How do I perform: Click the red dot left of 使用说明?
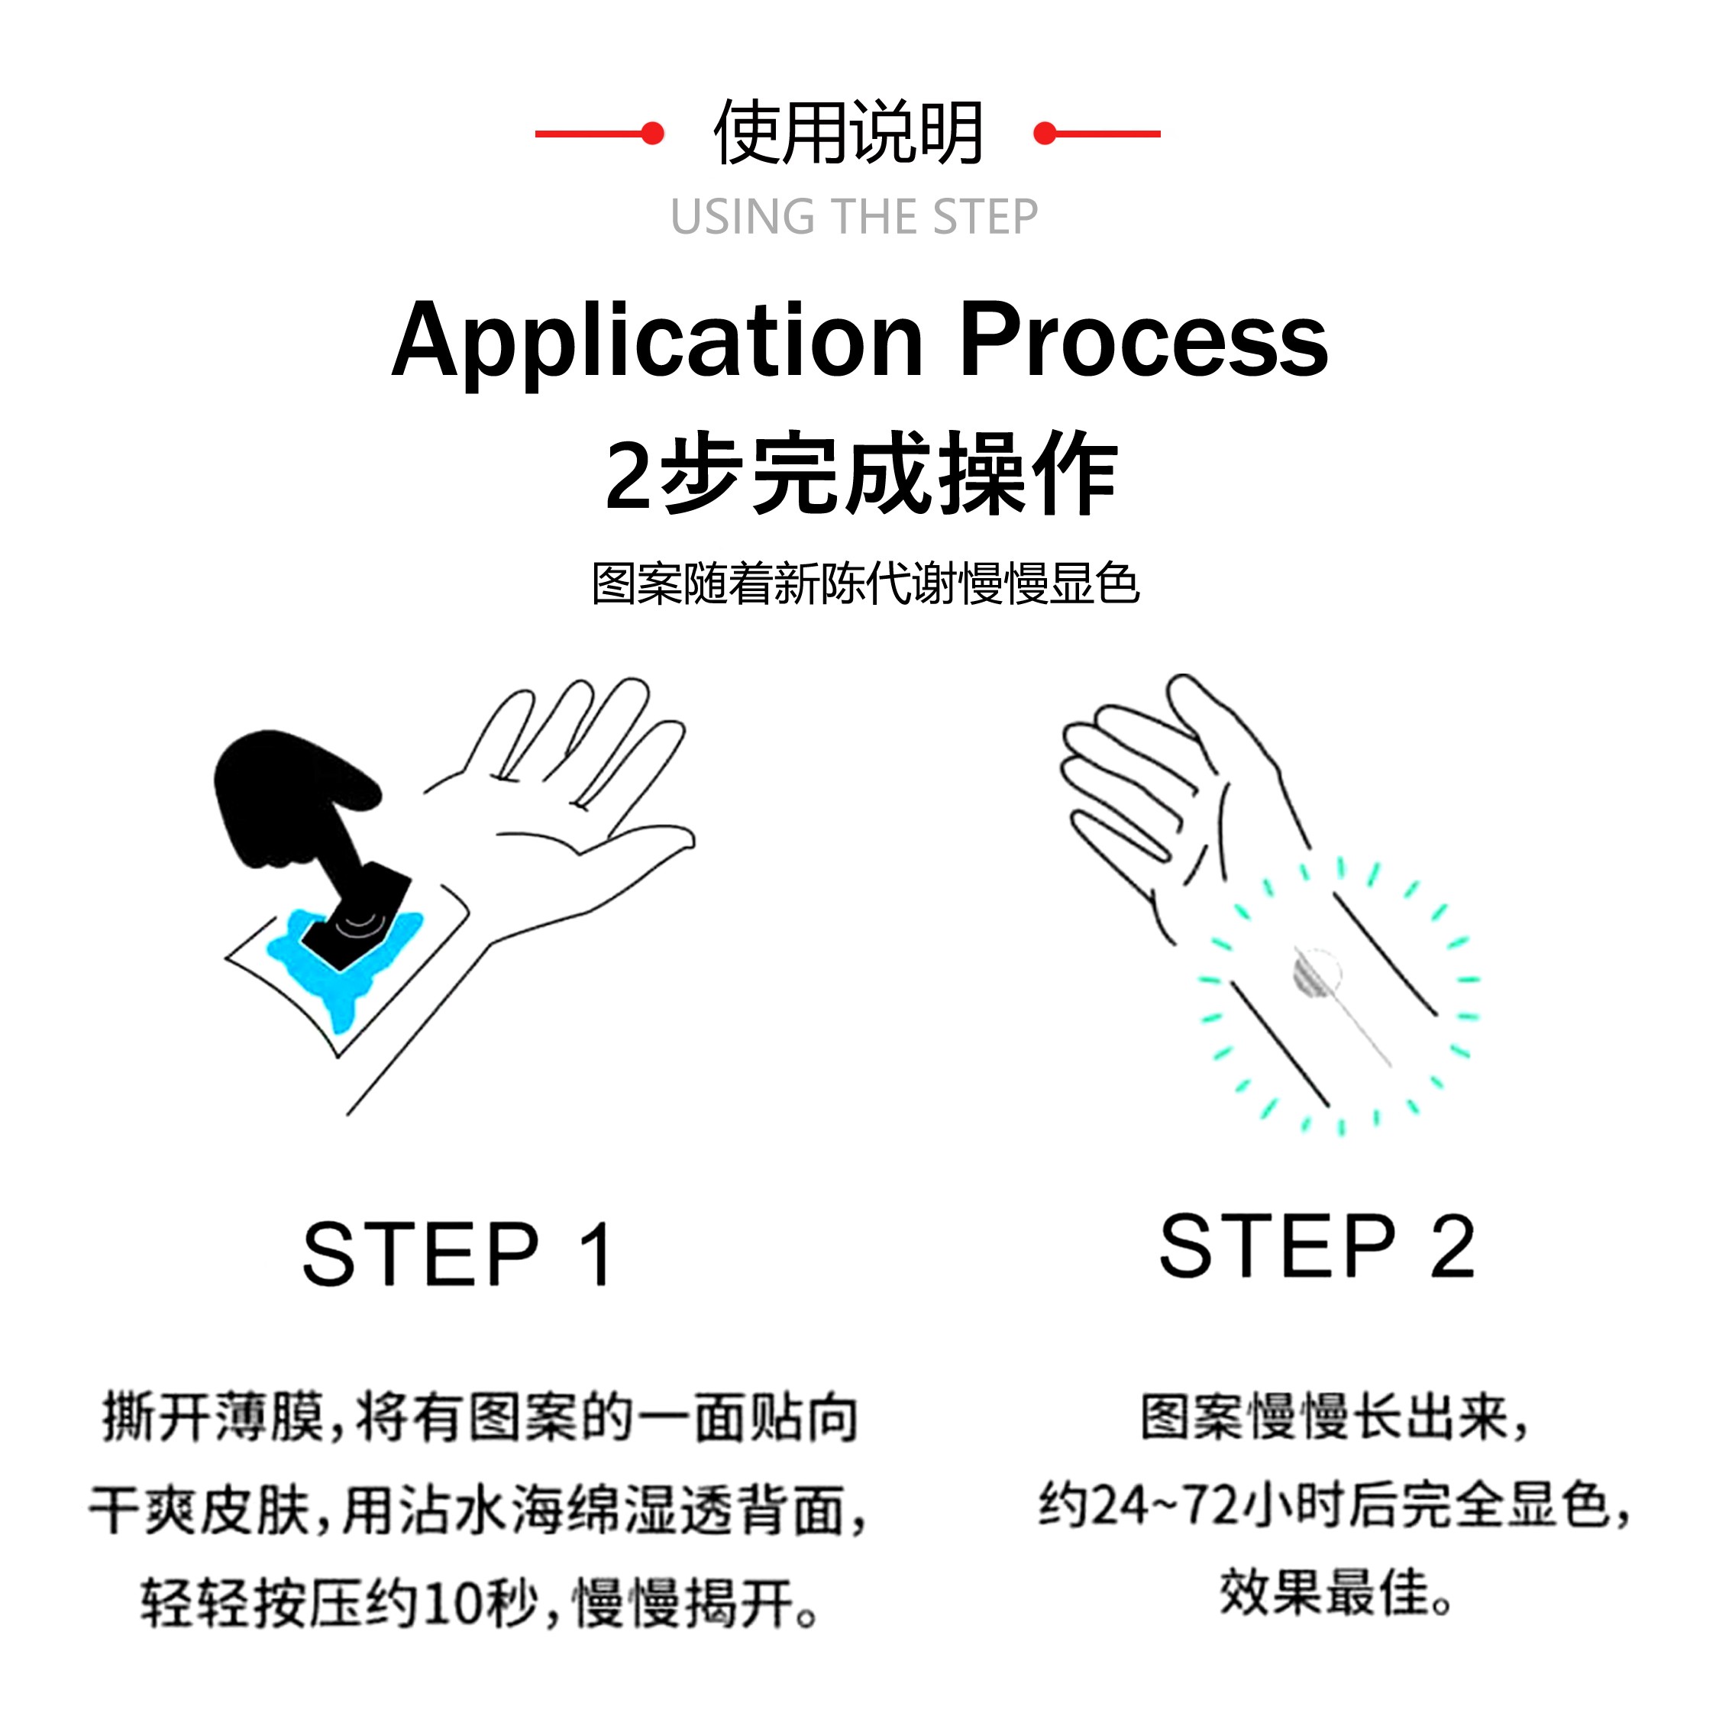point(654,134)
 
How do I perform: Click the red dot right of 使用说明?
point(1043,134)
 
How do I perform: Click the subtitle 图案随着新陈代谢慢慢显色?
point(865,583)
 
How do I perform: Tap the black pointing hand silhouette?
point(287,798)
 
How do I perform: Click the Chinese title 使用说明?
point(848,134)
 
